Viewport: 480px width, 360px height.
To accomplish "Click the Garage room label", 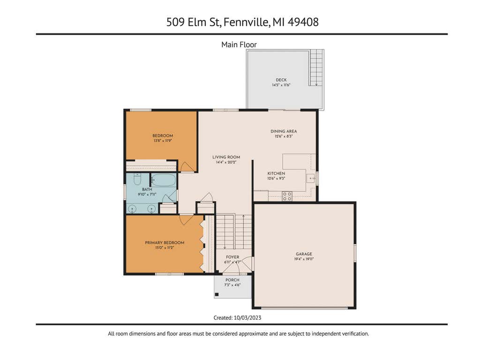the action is click(x=304, y=254).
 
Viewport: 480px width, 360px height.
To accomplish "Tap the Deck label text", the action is click(x=281, y=80).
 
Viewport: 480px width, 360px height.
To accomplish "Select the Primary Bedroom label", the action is click(x=165, y=242).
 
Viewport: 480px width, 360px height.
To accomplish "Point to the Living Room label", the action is click(x=226, y=157).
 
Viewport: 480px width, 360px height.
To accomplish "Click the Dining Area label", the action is click(x=284, y=131).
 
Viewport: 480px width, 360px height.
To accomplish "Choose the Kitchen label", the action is click(x=276, y=173).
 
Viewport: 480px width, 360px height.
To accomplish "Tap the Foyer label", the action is click(x=232, y=257).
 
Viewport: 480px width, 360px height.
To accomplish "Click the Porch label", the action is click(x=232, y=280).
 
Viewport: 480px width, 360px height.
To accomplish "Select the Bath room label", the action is click(x=147, y=189).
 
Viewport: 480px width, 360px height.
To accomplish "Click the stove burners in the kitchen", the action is click(x=287, y=196).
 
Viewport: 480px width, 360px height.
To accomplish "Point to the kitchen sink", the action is click(x=311, y=178).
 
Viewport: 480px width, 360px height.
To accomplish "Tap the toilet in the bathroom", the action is click(x=137, y=179).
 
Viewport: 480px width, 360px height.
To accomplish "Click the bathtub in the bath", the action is click(x=164, y=180).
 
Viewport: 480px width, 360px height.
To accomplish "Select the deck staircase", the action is click(x=316, y=67).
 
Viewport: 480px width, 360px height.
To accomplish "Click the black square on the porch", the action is click(x=217, y=294).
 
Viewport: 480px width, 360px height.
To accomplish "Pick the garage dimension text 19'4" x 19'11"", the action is click(x=304, y=259).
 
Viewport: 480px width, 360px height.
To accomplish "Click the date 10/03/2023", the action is click(x=247, y=318).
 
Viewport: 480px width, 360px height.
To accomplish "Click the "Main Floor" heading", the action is click(x=239, y=45).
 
